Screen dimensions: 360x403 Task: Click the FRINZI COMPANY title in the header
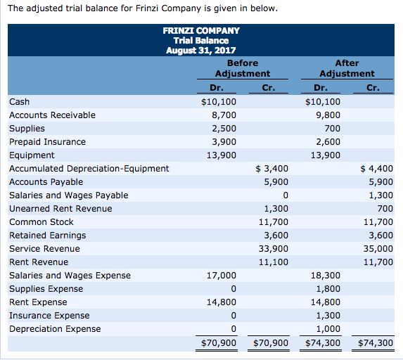coord(201,30)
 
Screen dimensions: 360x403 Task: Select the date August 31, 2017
coord(201,50)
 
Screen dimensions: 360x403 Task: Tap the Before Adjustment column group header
coord(242,68)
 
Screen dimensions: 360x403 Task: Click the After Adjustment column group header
coord(347,68)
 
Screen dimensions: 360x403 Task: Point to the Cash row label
coord(19,101)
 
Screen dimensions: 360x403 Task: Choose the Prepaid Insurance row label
coord(47,141)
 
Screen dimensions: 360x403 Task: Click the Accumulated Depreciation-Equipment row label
coord(89,168)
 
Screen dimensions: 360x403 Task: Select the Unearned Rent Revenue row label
coord(60,208)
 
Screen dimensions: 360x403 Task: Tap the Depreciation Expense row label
coord(55,328)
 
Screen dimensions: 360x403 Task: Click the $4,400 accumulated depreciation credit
coord(376,168)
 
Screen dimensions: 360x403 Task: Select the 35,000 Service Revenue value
coord(378,248)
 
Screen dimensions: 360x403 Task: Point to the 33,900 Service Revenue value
coord(274,248)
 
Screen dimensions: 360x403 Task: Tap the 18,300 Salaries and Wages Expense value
coord(326,275)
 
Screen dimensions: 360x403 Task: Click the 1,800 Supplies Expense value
coord(328,288)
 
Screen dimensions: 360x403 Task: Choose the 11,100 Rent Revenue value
coord(274,262)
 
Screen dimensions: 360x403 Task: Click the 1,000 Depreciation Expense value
coord(328,328)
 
